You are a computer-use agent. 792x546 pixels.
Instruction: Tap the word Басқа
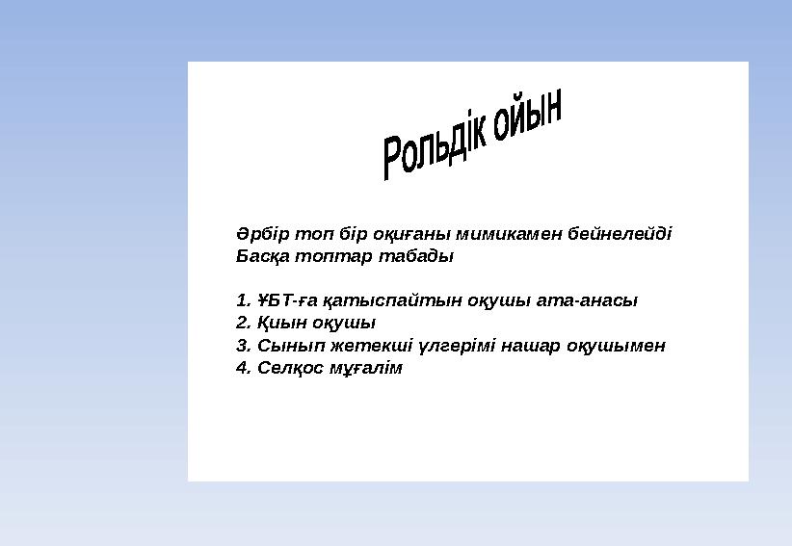click(260, 257)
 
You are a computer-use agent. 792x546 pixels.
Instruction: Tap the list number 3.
click(242, 346)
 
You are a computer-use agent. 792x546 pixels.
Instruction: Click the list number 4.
click(242, 369)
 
